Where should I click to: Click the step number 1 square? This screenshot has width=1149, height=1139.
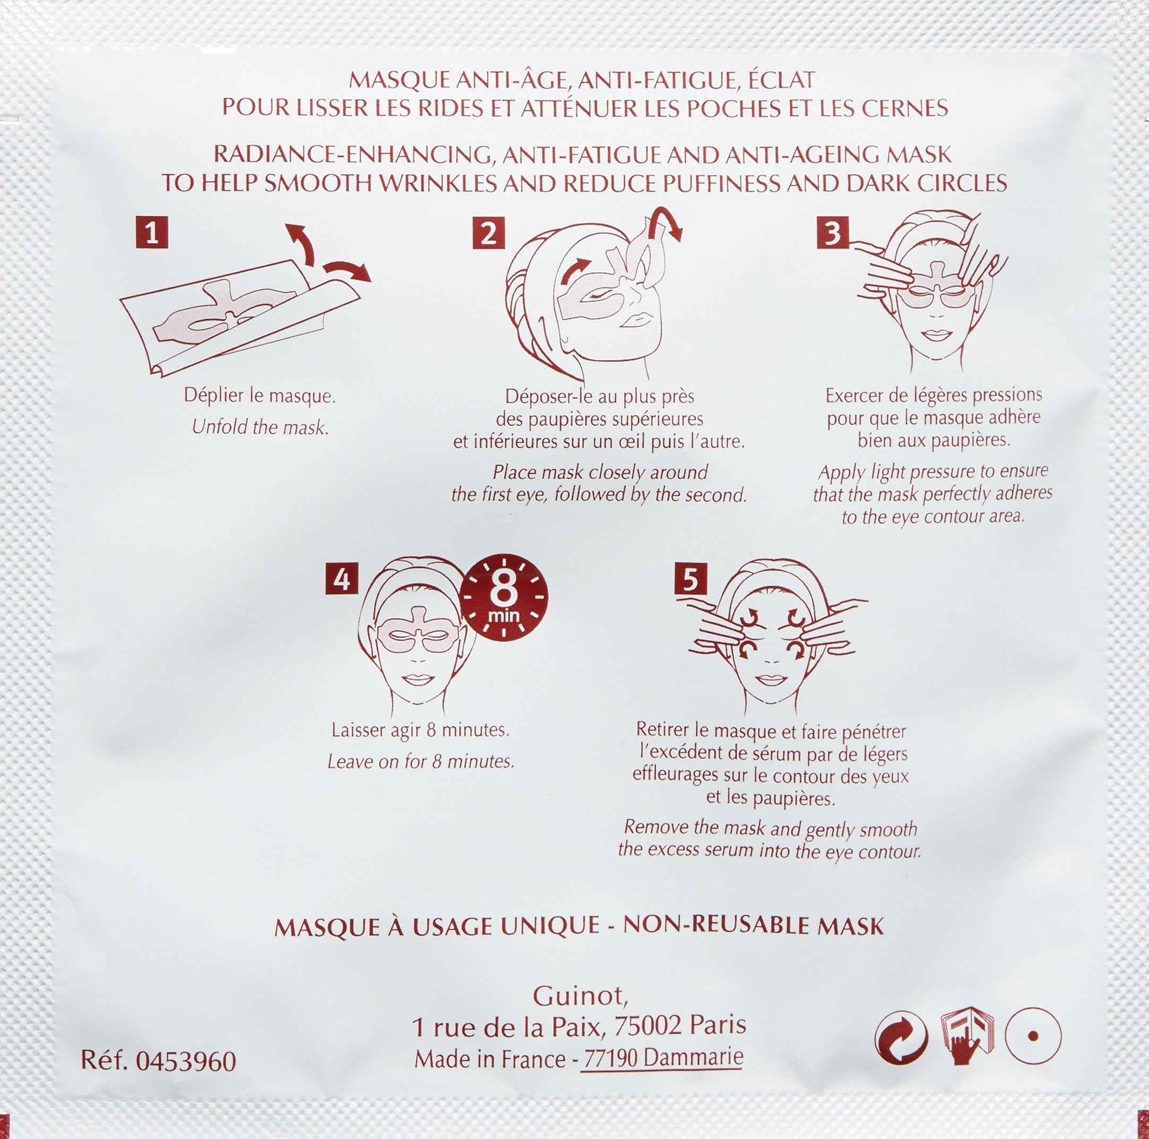[x=152, y=232]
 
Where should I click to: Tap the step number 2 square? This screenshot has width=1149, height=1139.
[x=488, y=233]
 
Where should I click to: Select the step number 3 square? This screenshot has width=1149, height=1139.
[x=833, y=233]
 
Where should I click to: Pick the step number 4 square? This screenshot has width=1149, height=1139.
[x=341, y=578]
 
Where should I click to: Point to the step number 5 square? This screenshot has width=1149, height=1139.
[x=690, y=578]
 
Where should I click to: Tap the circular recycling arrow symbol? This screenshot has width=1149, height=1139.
[x=901, y=1038]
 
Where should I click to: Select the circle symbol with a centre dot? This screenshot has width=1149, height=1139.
[x=1033, y=1036]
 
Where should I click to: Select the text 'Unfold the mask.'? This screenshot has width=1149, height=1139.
[x=260, y=427]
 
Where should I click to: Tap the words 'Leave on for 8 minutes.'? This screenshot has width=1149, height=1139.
[x=420, y=762]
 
